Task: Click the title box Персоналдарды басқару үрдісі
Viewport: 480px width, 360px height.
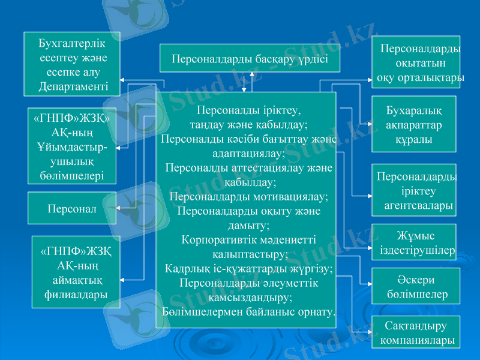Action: pyautogui.click(x=249, y=59)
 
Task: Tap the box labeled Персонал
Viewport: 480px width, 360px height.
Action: pyautogui.click(x=72, y=208)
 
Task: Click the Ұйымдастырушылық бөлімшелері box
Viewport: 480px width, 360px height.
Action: pyautogui.click(x=72, y=146)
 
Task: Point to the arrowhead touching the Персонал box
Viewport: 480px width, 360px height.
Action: pyautogui.click(x=119, y=208)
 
